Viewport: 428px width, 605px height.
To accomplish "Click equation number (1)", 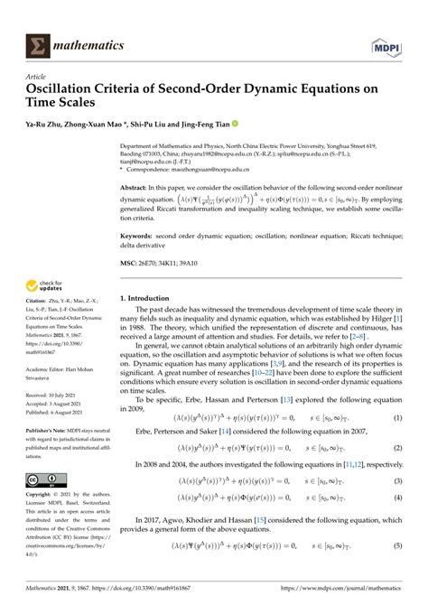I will click(x=396, y=419).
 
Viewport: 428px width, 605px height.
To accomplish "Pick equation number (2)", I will click(x=396, y=450).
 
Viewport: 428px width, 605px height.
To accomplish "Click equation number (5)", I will click(x=396, y=545).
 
